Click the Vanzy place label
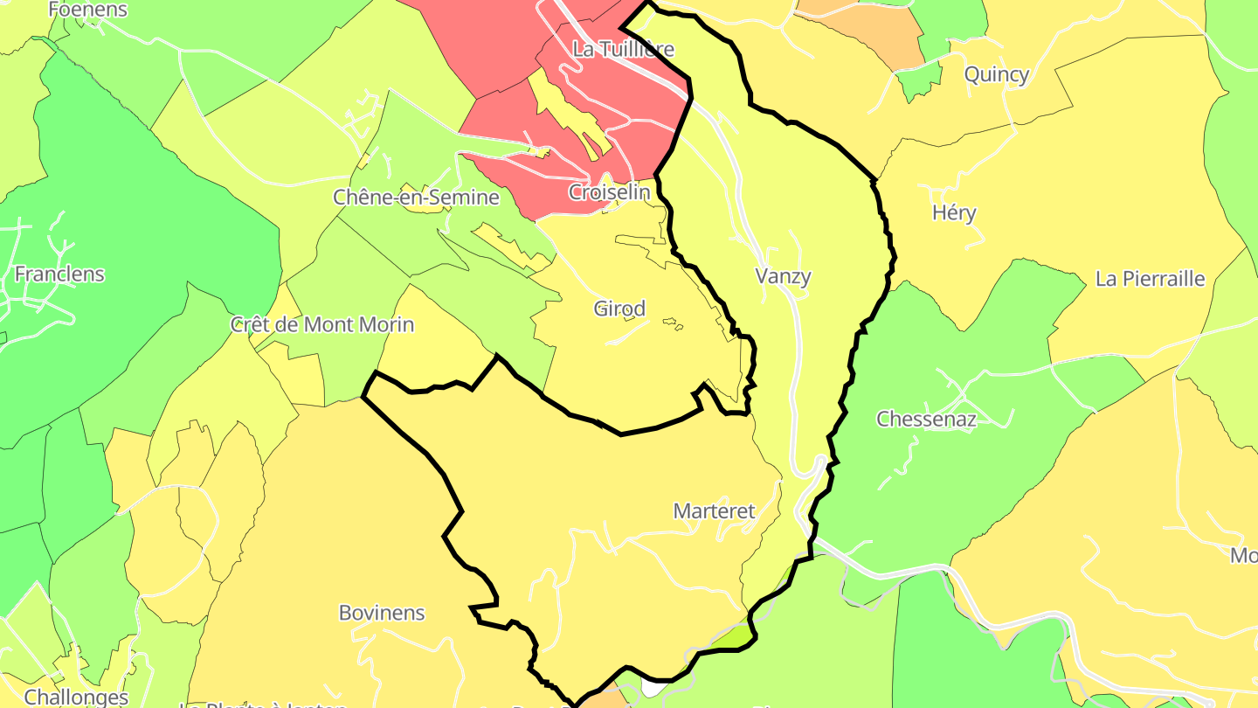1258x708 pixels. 783,277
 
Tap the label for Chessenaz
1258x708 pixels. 926,419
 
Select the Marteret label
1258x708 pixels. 714,511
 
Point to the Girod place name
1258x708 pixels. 619,309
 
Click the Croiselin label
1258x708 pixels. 610,192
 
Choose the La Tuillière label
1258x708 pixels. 623,49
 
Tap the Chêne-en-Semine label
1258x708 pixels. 416,198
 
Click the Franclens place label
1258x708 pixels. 59,274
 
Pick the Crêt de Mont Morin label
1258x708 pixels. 321,325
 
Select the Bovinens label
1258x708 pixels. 382,613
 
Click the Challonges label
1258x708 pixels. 76,697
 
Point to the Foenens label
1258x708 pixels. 87,10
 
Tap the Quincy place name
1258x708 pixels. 997,75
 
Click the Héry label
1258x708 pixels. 954,213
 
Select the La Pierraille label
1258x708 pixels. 1150,280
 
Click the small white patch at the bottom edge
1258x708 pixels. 652,689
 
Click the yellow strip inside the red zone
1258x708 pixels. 568,114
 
